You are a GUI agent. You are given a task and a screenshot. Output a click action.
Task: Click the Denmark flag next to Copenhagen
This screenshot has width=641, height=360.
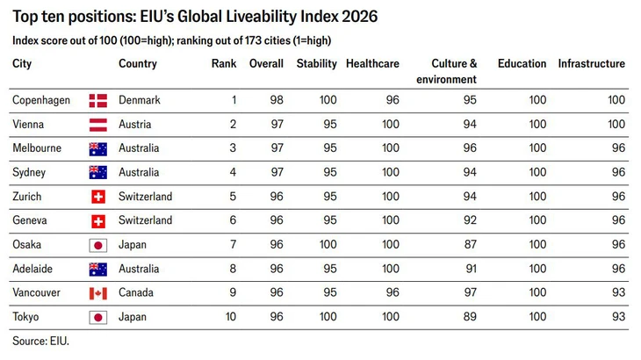[x=98, y=100]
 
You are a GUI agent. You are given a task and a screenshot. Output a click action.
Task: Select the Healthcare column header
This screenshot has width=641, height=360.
[x=372, y=64]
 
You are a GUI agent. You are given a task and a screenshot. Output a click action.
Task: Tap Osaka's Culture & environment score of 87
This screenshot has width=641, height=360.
[x=470, y=244]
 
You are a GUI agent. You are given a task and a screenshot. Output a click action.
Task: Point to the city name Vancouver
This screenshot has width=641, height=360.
[x=36, y=292]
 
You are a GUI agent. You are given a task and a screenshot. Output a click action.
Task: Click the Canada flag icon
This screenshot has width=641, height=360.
[x=98, y=293]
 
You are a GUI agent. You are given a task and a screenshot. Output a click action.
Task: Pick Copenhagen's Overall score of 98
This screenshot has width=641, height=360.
[x=277, y=100]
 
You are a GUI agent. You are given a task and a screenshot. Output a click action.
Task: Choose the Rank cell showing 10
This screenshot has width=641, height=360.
[x=231, y=317]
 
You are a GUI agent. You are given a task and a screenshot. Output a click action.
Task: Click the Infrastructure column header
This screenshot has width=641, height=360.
[x=592, y=64]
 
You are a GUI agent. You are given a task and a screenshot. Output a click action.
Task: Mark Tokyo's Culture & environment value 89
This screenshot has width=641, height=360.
[x=470, y=317]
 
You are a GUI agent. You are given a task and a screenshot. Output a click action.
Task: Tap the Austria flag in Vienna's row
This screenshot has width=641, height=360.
[x=98, y=125]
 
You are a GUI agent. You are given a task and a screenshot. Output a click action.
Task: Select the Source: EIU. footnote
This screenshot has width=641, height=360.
[x=41, y=341]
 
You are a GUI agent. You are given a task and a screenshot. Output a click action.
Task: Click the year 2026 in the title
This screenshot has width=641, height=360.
[x=360, y=17]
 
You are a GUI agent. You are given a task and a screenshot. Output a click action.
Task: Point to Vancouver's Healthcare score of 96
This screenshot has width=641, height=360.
[x=393, y=292]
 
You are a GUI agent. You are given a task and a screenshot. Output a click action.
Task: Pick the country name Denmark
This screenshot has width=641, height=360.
[x=140, y=100]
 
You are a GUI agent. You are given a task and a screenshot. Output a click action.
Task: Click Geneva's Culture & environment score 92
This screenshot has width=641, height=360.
[x=470, y=220]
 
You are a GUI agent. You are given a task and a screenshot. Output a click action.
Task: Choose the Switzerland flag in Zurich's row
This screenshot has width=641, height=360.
[x=98, y=197]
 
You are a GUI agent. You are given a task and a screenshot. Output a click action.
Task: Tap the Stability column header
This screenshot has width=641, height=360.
[x=316, y=64]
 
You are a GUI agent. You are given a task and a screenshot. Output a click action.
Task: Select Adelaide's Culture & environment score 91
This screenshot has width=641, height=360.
[x=471, y=269]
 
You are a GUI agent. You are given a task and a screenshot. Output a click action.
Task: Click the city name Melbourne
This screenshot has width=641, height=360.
[x=37, y=148]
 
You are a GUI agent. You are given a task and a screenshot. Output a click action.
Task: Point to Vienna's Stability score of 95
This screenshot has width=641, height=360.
[x=330, y=124]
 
